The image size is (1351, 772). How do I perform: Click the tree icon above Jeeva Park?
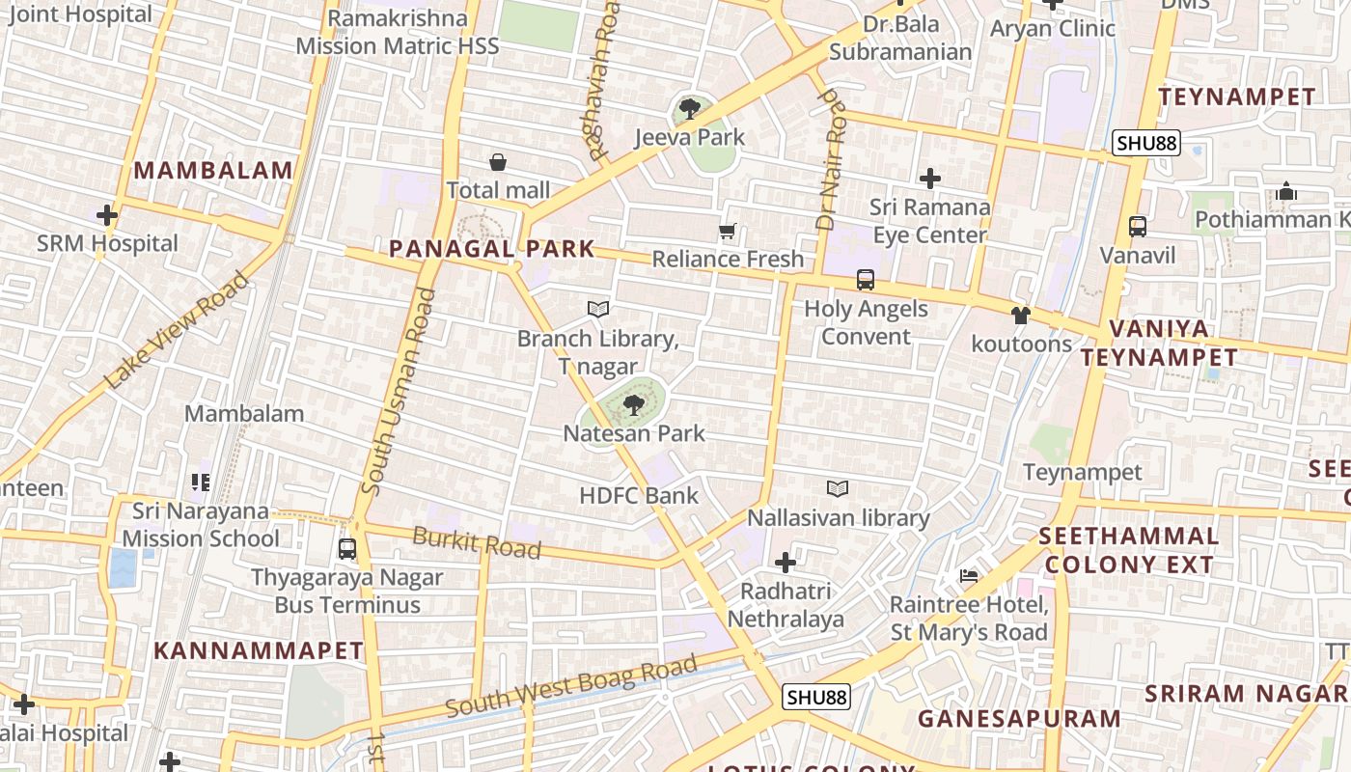[689, 109]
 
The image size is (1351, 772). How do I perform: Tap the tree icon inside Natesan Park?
[633, 405]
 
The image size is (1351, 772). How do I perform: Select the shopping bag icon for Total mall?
[498, 162]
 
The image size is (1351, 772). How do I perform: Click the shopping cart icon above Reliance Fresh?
[728, 232]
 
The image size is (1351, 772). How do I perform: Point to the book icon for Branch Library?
[598, 310]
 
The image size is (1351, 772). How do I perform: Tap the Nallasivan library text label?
[838, 518]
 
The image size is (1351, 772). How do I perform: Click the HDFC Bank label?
[638, 495]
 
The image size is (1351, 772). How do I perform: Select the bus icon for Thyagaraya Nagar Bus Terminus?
[347, 549]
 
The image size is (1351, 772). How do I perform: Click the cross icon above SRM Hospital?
[107, 215]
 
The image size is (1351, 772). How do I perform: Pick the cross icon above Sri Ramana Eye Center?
[930, 179]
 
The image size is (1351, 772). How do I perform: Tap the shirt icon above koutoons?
[1021, 316]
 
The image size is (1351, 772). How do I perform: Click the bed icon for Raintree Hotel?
[969, 576]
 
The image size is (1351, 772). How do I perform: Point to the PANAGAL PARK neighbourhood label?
[491, 249]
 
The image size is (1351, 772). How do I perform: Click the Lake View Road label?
[177, 331]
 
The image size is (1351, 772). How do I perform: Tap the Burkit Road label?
[477, 542]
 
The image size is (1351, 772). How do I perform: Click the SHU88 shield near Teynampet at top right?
[1145, 144]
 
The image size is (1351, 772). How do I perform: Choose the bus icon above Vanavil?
[1138, 227]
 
